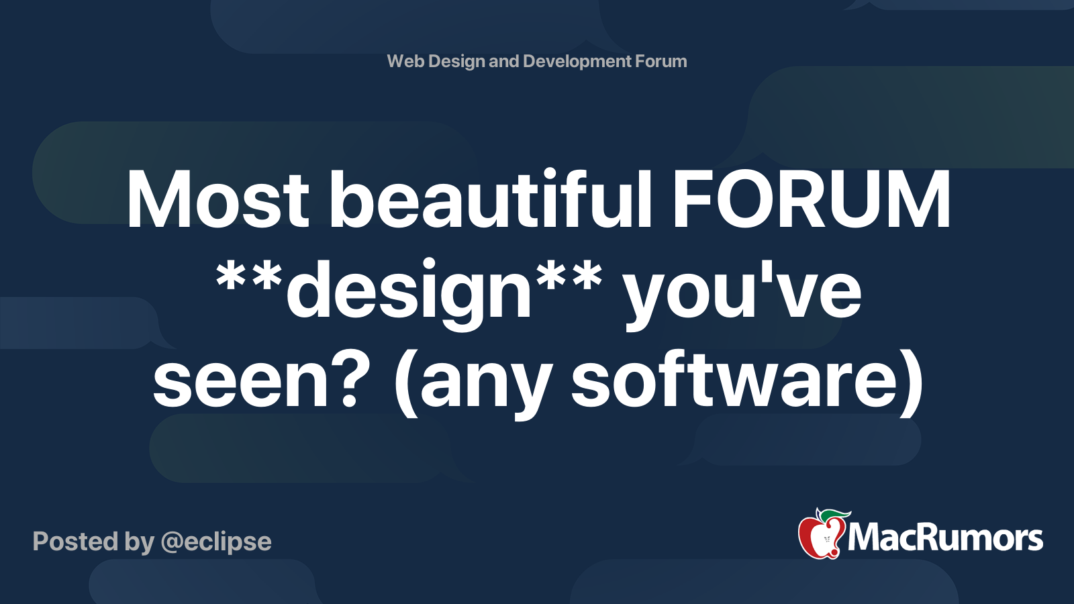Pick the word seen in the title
point(243,383)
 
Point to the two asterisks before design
point(248,279)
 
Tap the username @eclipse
point(216,542)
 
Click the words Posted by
point(93,542)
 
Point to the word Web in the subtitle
point(405,61)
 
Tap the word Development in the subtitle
point(577,61)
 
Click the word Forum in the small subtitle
point(661,61)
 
